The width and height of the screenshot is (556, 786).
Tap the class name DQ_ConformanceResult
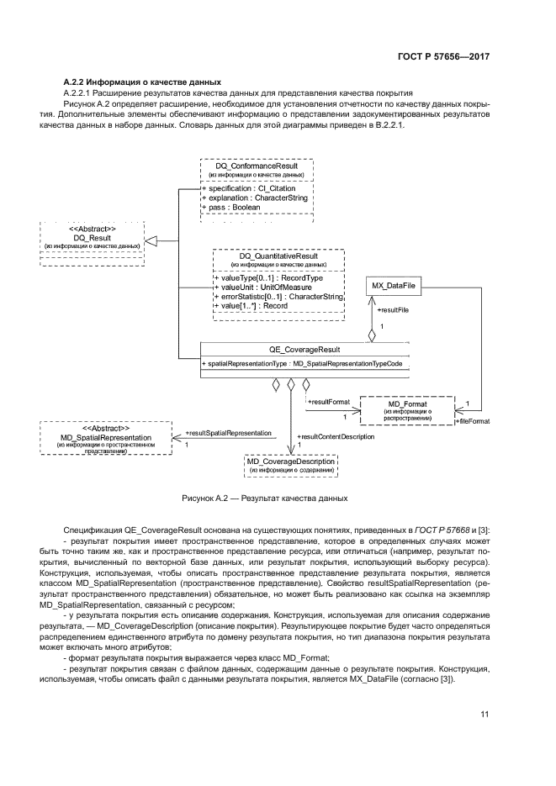pos(257,166)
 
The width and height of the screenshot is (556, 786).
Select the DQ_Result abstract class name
pos(93,239)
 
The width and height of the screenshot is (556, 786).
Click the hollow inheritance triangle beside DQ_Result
pos(151,241)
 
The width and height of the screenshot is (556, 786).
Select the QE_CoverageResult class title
pos(304,350)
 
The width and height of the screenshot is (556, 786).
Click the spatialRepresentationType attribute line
pos(304,363)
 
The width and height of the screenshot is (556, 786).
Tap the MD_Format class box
pos(407,409)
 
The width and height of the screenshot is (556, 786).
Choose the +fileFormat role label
pos(473,420)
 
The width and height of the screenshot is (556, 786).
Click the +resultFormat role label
pos(329,403)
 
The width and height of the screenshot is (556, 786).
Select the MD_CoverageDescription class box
pos(290,465)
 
